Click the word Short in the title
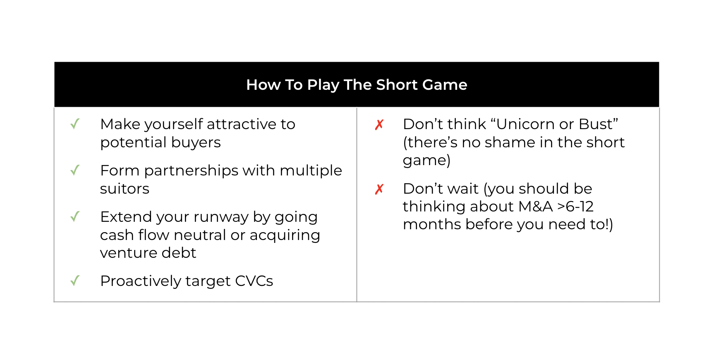point(397,85)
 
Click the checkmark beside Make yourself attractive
point(75,124)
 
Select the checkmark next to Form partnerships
point(75,170)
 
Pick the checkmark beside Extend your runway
point(75,216)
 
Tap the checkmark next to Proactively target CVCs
point(75,281)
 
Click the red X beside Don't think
point(379,125)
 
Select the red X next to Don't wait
point(379,189)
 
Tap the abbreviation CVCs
point(254,281)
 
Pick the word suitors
point(125,189)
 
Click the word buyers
point(196,143)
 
